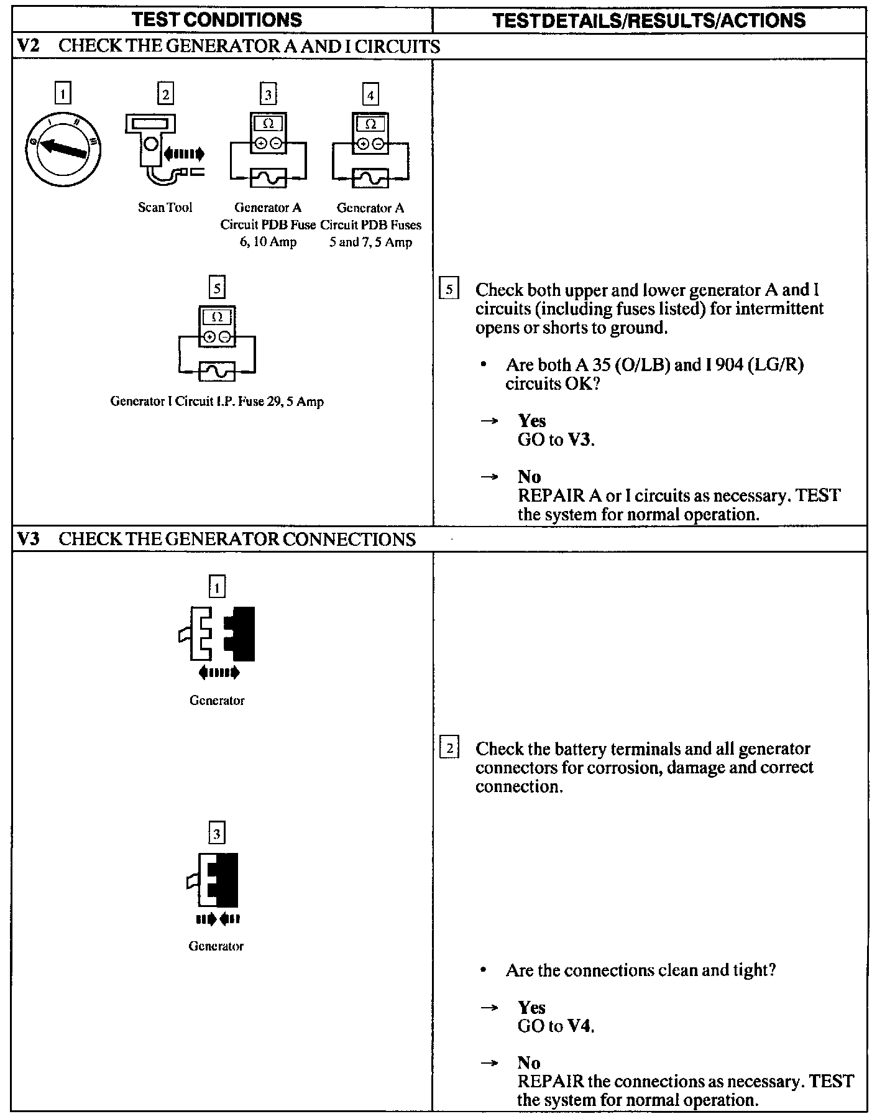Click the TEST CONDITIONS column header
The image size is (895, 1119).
tap(218, 19)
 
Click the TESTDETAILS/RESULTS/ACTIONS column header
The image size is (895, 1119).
tap(649, 20)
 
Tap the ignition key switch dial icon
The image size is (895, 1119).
tap(63, 148)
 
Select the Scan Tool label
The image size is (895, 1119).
tap(165, 207)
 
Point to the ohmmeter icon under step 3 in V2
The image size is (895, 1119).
tap(268, 150)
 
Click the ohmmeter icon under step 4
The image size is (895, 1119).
tap(370, 150)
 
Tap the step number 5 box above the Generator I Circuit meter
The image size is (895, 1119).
tap(217, 288)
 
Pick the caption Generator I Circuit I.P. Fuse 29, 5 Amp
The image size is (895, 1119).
tap(217, 401)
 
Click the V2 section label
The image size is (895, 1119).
tap(27, 47)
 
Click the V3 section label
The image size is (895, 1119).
tap(27, 538)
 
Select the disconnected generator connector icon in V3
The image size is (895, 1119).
tap(217, 633)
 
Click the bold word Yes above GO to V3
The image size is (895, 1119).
tap(531, 421)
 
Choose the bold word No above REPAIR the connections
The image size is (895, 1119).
tap(529, 1062)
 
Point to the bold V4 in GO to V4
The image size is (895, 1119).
tap(580, 1026)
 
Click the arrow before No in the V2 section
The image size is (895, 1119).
tap(490, 477)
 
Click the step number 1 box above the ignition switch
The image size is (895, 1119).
tap(63, 94)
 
